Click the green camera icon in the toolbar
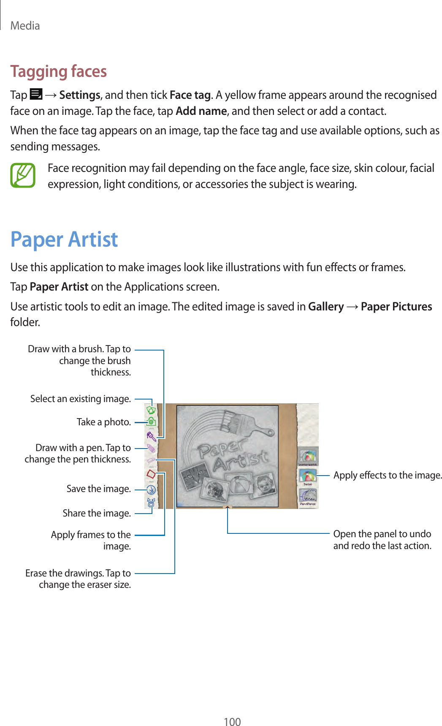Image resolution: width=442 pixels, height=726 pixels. (151, 421)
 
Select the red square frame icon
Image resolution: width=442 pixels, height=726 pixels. (151, 474)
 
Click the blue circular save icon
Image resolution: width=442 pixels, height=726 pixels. (151, 490)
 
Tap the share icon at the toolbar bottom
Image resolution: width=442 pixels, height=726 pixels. (151, 503)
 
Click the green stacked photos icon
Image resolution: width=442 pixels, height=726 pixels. (151, 409)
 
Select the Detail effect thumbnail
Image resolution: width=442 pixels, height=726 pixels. (308, 477)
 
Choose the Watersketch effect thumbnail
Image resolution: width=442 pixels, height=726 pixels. (308, 457)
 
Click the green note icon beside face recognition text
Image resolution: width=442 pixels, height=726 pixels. (23, 176)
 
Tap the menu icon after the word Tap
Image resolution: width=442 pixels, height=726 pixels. (36, 94)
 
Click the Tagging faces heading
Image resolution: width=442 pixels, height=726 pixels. (59, 71)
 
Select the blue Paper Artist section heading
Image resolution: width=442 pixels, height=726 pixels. (64, 239)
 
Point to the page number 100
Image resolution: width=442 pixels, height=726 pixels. (232, 721)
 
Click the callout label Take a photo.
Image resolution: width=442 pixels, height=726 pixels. (103, 422)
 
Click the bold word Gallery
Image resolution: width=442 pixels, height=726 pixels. (326, 307)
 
